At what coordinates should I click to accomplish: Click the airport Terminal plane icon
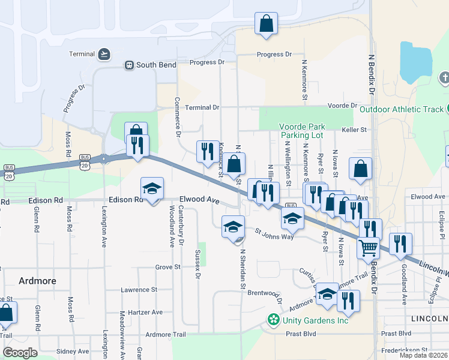pos(105,54)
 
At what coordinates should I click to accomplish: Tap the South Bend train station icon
pos(128,65)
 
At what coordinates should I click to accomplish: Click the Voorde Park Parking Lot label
pos(302,131)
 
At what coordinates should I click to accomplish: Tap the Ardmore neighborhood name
pos(37,280)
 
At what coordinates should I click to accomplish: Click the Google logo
pos(20,353)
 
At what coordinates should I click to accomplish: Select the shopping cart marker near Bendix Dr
pos(368,246)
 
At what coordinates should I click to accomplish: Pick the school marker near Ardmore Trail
pos(327,293)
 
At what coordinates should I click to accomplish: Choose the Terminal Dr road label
pos(202,107)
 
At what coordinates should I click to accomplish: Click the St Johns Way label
pos(274,233)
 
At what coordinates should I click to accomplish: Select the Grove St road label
pos(167,266)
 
